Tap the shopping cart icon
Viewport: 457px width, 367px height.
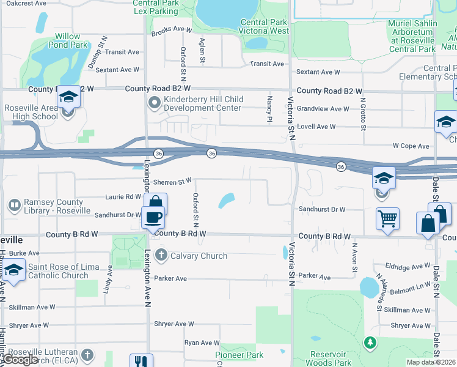click(388, 218)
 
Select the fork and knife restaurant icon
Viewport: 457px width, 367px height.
click(141, 361)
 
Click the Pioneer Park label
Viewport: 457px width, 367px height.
click(239, 355)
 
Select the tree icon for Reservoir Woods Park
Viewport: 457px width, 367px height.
click(368, 342)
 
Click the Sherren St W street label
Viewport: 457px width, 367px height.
click(173, 181)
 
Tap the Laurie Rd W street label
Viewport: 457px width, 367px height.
click(123, 197)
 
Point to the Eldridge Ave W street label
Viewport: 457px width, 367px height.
click(408, 267)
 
